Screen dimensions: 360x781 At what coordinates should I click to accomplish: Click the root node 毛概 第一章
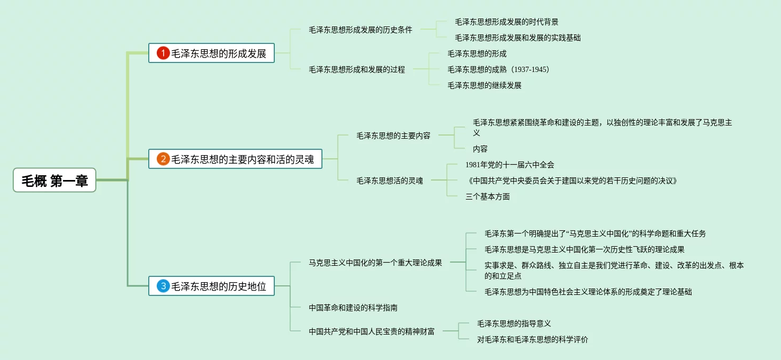(x=55, y=181)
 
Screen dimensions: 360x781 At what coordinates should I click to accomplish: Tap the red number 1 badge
(x=163, y=53)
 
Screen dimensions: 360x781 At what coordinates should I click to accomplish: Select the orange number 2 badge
(x=163, y=159)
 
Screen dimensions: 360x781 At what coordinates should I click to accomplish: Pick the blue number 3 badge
(x=163, y=286)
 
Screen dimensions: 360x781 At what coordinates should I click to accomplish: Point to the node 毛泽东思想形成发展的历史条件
(x=360, y=30)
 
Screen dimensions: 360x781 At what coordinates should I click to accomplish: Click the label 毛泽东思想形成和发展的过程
(x=356, y=69)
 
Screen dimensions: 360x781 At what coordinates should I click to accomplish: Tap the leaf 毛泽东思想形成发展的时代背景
(x=506, y=22)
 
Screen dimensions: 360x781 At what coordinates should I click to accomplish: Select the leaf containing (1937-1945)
(x=498, y=69)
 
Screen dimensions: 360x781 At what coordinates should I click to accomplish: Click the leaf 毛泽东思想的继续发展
(x=484, y=85)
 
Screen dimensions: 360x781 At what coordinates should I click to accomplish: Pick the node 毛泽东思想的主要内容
(x=393, y=136)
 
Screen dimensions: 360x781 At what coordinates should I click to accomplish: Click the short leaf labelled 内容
(x=480, y=149)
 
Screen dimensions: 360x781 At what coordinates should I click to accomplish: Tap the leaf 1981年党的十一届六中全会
(x=509, y=165)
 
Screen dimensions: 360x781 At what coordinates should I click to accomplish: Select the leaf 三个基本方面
(x=487, y=196)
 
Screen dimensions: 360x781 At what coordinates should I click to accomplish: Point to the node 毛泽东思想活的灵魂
(x=389, y=181)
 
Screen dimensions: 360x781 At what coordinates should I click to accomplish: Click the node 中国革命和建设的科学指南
(x=353, y=307)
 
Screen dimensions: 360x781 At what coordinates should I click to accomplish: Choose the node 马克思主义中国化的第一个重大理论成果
(x=375, y=262)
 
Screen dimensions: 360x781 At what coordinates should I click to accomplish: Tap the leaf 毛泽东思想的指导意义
(x=514, y=323)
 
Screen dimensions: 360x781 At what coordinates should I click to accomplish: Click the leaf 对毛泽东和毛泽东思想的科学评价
(x=532, y=339)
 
